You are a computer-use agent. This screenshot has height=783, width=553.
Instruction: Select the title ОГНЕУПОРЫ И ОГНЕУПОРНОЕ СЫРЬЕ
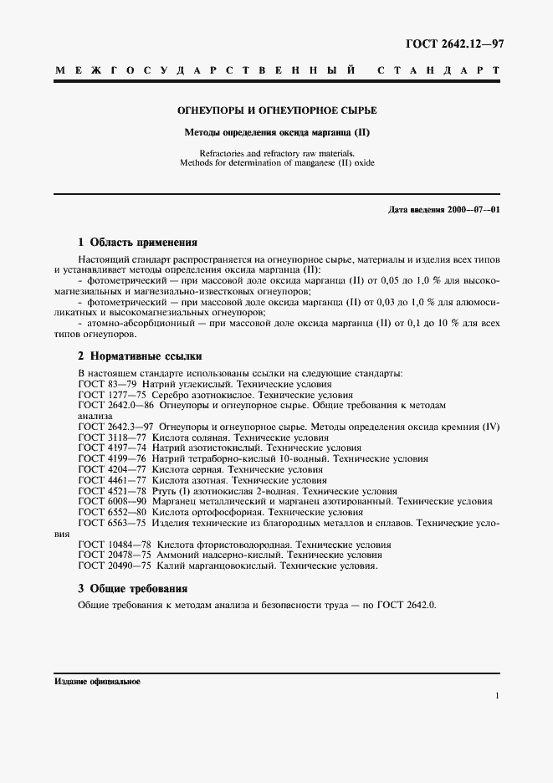(276, 110)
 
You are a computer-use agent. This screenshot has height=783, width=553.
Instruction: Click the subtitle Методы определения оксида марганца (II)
(276, 132)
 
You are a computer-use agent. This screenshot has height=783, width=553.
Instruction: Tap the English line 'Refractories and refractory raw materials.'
(276, 153)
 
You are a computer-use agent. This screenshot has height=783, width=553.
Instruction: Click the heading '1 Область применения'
(137, 243)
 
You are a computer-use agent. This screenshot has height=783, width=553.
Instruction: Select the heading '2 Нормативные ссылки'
(140, 356)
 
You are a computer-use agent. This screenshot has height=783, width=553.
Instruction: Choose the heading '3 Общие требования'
(132, 588)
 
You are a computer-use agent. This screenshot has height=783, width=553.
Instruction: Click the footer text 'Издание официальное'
(97, 681)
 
